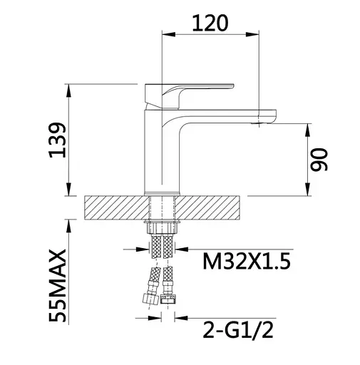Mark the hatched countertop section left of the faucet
pos(114,209)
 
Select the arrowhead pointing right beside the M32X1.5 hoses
pos(143,249)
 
